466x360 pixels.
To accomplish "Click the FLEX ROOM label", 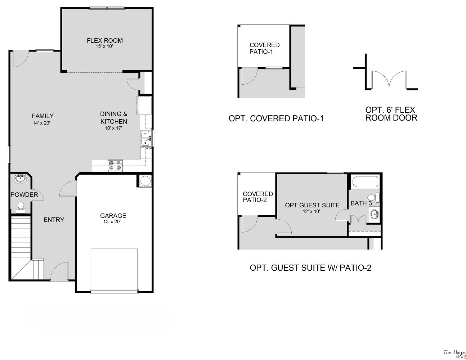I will coord(104,41).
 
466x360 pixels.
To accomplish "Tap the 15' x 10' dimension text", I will coord(104,46).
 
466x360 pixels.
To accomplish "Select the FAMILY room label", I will coord(42,116).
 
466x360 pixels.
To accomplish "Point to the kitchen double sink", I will coord(145,139).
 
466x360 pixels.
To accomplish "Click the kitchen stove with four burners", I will coord(115,165).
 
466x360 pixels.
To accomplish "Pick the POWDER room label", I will coord(24,195).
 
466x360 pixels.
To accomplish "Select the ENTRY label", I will coord(54,220).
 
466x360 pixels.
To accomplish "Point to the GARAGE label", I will coord(113,216).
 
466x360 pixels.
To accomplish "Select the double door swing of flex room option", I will coord(389,79).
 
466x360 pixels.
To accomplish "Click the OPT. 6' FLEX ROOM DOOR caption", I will coord(391,114).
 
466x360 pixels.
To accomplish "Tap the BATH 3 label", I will coord(361,203).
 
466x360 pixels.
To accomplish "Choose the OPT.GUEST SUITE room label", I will coord(312,205).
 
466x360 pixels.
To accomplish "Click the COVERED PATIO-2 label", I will coord(257,197).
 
